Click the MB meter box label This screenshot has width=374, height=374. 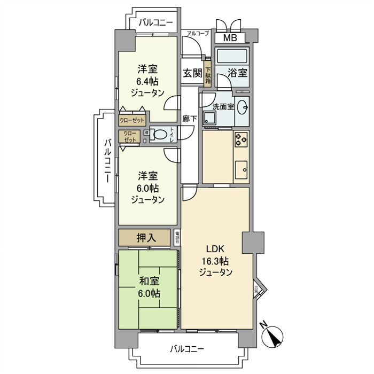(x=230, y=38)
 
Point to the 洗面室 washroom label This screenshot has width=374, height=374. (x=223, y=106)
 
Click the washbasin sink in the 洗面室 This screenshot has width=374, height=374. (x=242, y=106)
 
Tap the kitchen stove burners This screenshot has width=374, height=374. (x=240, y=140)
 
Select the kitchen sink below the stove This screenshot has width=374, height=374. (x=240, y=170)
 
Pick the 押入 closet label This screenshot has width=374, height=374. (x=145, y=238)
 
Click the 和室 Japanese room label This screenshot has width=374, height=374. (x=148, y=281)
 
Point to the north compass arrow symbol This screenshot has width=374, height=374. (x=274, y=336)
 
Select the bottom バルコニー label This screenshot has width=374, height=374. (x=187, y=349)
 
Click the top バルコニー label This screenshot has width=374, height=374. (x=155, y=22)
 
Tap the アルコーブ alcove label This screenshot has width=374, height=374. (x=198, y=33)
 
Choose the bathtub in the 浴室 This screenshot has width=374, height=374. (x=232, y=56)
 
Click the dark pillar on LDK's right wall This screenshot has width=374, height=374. (x=253, y=243)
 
